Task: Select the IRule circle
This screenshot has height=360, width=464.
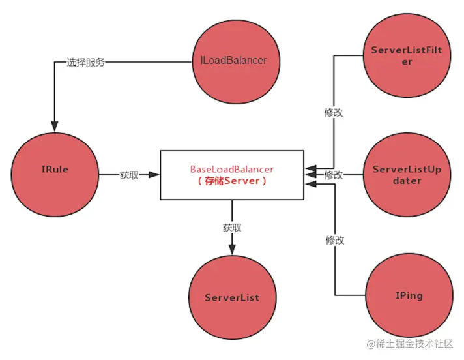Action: point(54,170)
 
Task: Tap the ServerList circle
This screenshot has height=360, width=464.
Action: point(231,297)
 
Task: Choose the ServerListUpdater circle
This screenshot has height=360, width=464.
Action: point(406,175)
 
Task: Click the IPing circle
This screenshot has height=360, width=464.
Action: point(409,295)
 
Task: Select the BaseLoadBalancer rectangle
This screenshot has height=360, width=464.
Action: point(232,175)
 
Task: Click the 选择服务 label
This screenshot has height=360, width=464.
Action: point(85,63)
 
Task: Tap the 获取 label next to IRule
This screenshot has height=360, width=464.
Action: point(129,175)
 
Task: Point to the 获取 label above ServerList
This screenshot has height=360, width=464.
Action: point(232,228)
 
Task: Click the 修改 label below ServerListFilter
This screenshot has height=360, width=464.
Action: point(334,112)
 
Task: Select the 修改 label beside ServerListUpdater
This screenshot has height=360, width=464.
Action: point(334,175)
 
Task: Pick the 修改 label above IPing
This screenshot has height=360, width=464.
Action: point(334,240)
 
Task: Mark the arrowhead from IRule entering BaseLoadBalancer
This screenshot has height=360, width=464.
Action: point(154,175)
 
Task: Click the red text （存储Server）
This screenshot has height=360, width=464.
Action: point(232,181)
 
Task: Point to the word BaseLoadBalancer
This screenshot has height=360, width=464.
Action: point(232,169)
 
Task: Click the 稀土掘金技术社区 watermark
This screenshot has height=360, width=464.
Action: point(410,344)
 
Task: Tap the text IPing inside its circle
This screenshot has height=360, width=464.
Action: point(409,295)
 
